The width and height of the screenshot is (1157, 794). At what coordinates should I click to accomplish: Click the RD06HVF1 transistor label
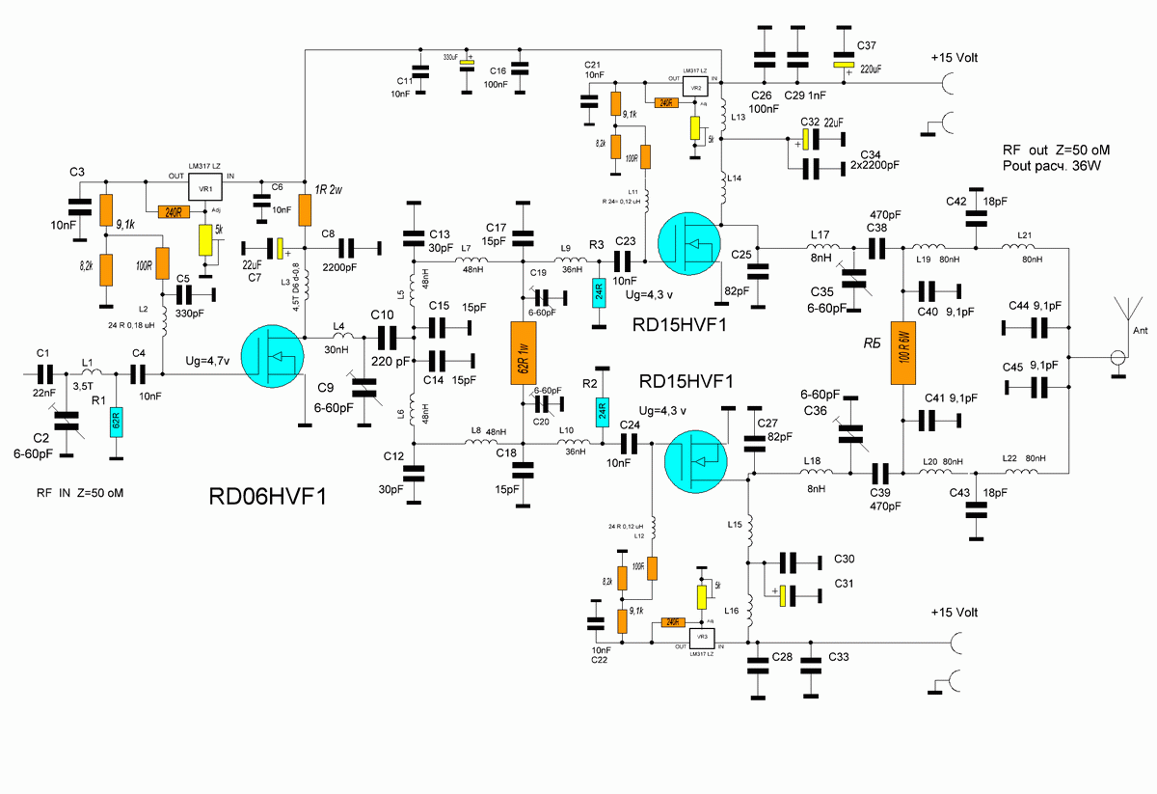(268, 497)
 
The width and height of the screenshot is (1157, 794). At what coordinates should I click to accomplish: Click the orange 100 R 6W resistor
(904, 353)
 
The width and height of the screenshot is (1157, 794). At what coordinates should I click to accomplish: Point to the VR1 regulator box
(204, 189)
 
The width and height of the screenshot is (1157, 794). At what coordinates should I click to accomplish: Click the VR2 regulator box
(694, 85)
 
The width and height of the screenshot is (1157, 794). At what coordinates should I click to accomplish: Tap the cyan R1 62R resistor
(116, 421)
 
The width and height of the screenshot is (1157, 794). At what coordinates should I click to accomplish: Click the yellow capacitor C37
(846, 66)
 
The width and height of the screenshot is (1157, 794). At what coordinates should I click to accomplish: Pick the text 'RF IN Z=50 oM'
(81, 493)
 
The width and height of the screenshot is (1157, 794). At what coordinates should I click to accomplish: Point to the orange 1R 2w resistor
(305, 208)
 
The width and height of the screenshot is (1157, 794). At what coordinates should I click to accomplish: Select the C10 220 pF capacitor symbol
(388, 338)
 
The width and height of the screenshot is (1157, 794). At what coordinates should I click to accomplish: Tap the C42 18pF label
(956, 202)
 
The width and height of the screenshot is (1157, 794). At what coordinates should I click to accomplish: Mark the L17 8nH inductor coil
(820, 249)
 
